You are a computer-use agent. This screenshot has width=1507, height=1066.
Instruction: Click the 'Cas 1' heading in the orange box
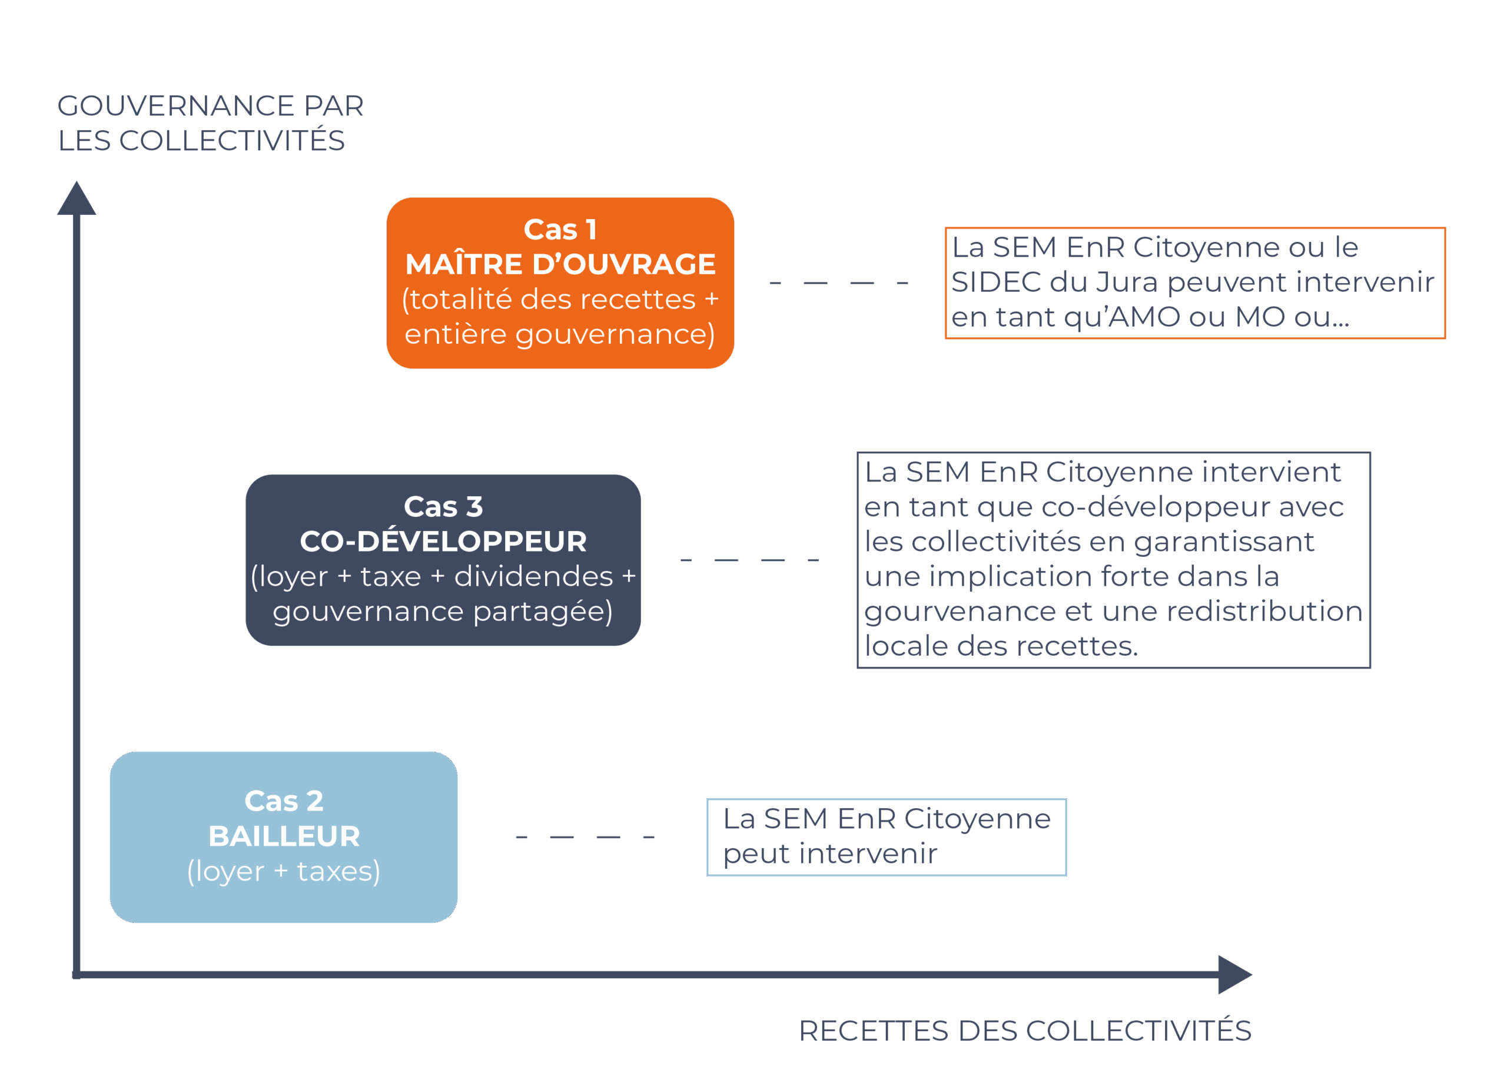coord(560,230)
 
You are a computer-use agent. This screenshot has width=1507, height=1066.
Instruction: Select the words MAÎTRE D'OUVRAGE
coord(560,264)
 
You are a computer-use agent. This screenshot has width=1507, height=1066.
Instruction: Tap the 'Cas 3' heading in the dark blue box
coord(443,507)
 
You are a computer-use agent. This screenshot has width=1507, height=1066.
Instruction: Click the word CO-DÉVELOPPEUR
coord(443,542)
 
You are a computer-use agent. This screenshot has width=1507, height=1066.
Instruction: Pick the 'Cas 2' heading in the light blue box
coord(284,801)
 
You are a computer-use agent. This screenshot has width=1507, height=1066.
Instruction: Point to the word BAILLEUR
coord(284,836)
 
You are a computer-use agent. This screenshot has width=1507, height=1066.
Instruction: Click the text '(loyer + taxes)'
coord(284,872)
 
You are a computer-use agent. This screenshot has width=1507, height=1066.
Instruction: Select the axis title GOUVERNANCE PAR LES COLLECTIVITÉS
coord(210,123)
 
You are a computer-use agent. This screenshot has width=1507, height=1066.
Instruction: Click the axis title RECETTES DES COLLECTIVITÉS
coord(1024,1031)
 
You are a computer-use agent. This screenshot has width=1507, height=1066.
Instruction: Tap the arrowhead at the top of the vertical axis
coord(76,200)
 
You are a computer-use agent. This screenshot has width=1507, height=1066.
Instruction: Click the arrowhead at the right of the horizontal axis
coord(1233,974)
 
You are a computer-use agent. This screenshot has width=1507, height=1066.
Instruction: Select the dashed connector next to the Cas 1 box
coord(838,283)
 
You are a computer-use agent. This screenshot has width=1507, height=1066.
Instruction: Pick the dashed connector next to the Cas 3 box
coord(749,560)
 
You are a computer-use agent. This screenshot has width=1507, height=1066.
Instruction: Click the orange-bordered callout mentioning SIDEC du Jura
coord(1194,283)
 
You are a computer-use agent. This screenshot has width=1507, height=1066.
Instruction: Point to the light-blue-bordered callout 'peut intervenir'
coord(886,837)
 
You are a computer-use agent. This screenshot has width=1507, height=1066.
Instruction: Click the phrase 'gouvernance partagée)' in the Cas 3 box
coord(443,612)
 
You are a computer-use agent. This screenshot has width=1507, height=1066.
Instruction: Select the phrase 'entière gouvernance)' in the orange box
coord(560,335)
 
